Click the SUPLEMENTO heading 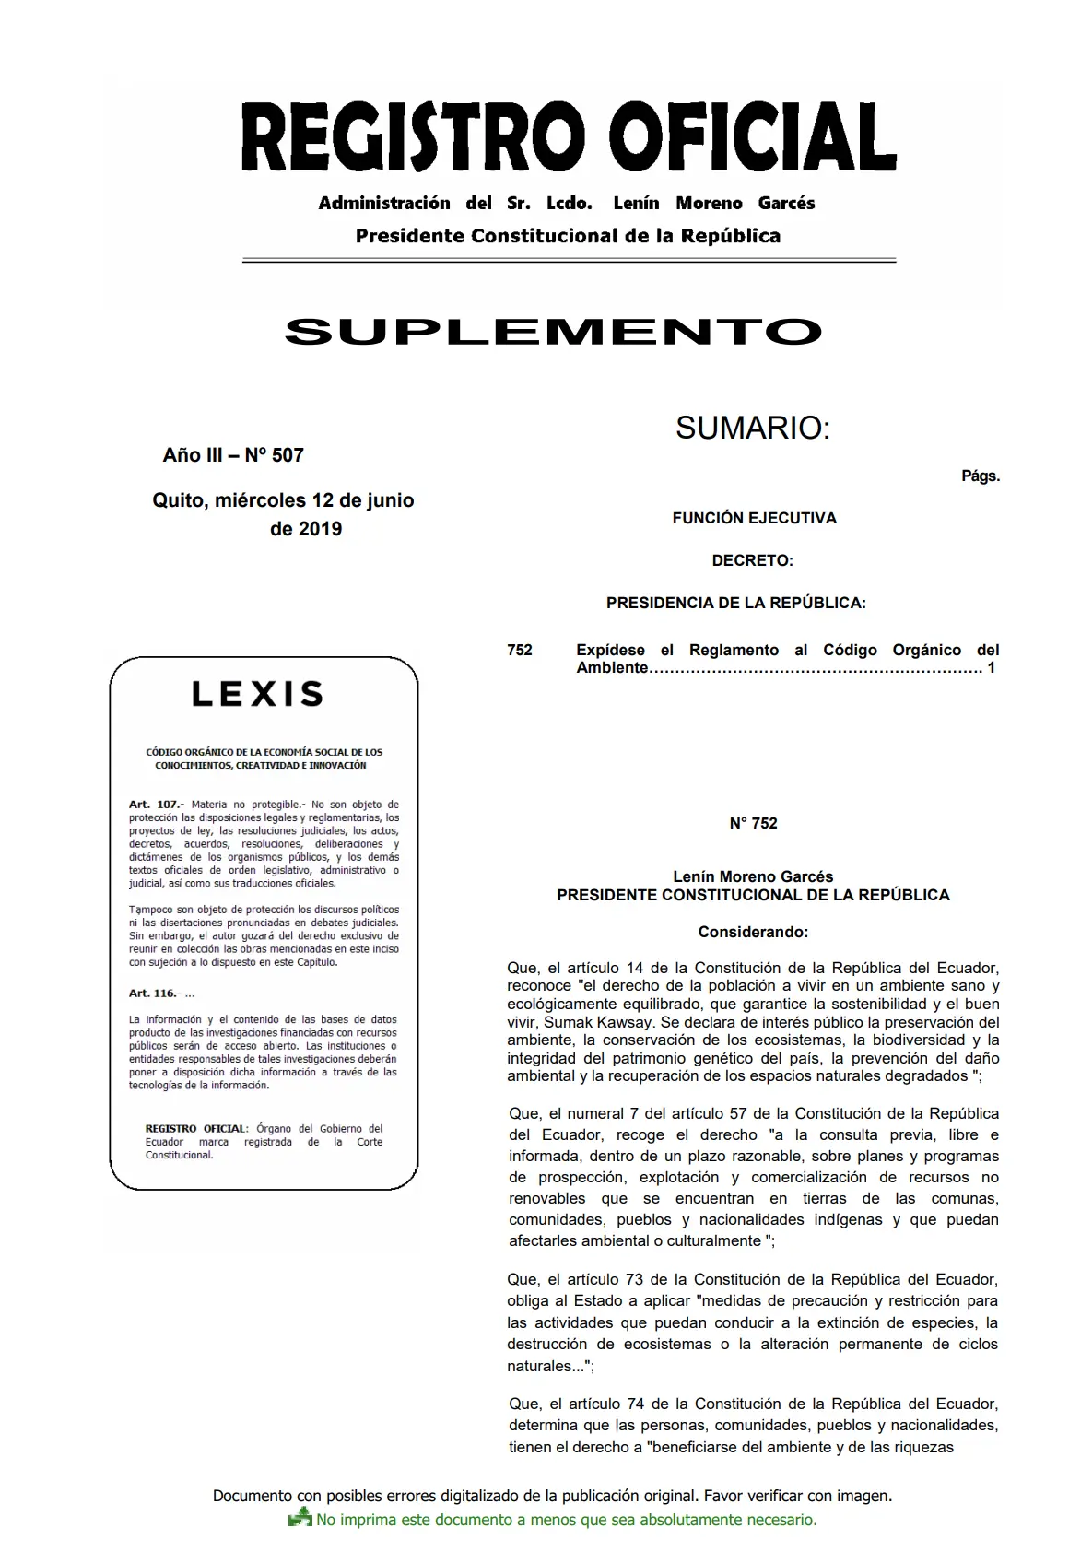(x=553, y=332)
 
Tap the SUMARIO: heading (x=753, y=428)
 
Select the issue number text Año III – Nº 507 (x=233, y=455)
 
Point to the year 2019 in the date (x=319, y=529)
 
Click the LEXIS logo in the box (x=258, y=694)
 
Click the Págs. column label (x=980, y=476)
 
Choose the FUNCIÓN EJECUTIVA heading (x=754, y=518)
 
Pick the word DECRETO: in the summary (x=752, y=560)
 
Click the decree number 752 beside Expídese (x=520, y=651)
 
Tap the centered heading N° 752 (x=753, y=824)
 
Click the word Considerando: (x=753, y=932)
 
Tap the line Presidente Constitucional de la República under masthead (x=568, y=236)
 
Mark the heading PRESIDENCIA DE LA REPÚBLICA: (x=735, y=604)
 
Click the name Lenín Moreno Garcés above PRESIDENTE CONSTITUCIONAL (x=753, y=877)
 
